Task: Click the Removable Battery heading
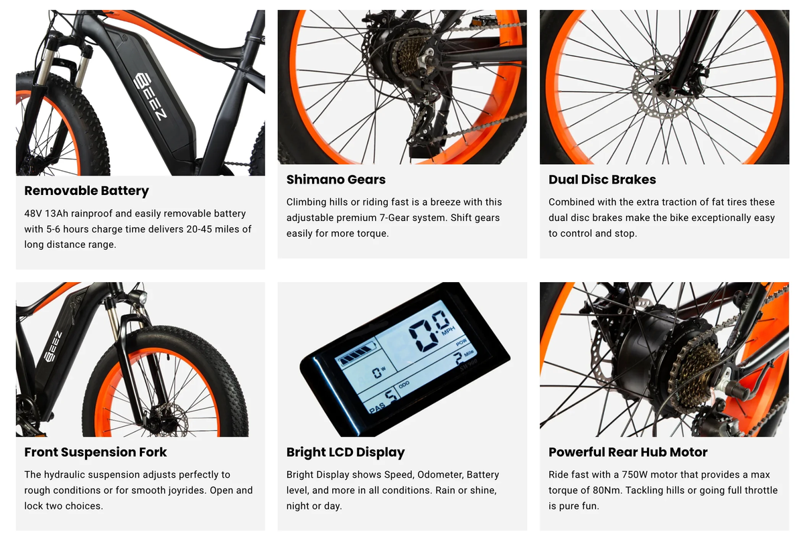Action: pos(86,191)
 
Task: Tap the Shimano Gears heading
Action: pos(336,180)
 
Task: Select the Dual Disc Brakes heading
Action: pos(602,180)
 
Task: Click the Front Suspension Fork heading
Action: pos(96,452)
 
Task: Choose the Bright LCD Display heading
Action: pos(346,452)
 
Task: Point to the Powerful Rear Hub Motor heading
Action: pos(628,452)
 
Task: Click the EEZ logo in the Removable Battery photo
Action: pos(151,96)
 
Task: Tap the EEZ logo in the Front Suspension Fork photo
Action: pos(54,346)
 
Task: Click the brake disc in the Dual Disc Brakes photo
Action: pos(660,87)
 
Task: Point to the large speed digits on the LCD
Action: pos(430,330)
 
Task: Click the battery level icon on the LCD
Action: pos(356,354)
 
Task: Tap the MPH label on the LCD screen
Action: pos(448,332)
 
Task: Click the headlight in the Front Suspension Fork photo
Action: pos(138,297)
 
